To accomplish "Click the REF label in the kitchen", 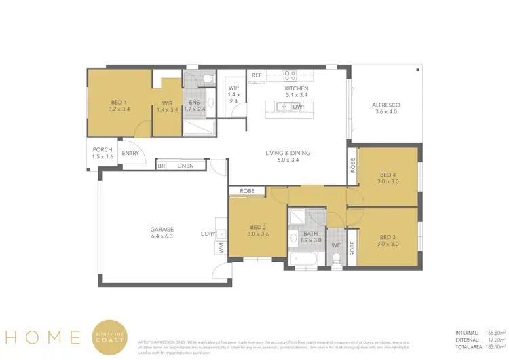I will [257, 75].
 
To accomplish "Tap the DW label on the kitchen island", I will [297, 107].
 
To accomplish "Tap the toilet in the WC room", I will [336, 257].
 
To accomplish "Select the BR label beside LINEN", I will [162, 165].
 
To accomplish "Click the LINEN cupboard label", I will [185, 165].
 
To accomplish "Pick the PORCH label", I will [102, 150].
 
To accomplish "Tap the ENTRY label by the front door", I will [130, 154].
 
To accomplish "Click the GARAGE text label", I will [162, 230].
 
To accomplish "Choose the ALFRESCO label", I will [385, 105].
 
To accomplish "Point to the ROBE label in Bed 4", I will [352, 165].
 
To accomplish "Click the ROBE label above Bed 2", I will [247, 191].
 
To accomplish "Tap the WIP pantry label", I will [233, 88].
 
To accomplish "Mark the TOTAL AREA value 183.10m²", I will [488, 346].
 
